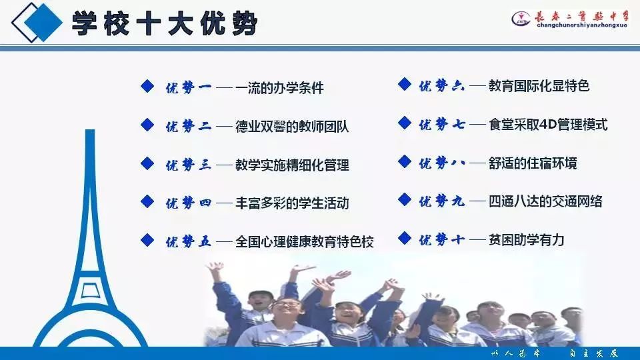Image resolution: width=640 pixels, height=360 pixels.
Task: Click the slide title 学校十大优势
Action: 165,23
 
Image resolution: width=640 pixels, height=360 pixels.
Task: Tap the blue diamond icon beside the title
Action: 37,23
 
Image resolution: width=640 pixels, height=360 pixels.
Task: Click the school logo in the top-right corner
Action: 521,19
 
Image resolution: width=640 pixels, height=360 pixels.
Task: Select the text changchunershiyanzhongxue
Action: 582,25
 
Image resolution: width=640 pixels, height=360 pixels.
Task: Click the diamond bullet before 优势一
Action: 147,86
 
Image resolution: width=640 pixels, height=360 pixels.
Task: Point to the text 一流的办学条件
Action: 279,88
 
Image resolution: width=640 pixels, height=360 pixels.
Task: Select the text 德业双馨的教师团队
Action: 292,127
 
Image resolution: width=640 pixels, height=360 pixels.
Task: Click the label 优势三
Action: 188,165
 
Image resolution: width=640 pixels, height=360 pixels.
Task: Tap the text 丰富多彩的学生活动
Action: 292,203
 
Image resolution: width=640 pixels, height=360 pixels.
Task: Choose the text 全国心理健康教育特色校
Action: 305,241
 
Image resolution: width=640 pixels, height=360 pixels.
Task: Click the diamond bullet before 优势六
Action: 405,84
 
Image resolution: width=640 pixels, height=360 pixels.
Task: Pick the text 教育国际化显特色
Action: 539,86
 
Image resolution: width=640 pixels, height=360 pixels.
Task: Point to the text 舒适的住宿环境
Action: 533,163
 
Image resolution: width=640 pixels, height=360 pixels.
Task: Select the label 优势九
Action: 441,201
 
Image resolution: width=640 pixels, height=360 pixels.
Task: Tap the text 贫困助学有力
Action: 527,239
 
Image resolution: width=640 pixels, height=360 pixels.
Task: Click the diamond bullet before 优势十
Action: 405,237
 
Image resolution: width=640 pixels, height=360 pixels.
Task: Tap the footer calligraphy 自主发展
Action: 594,353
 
